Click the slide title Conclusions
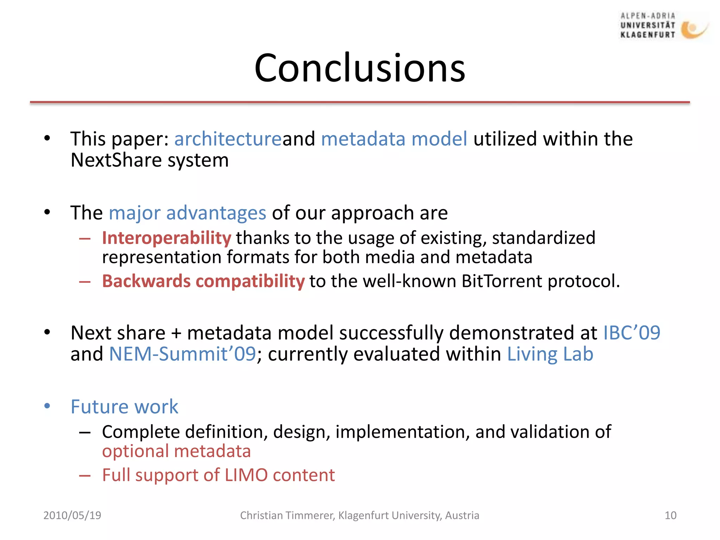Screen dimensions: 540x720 tap(360, 68)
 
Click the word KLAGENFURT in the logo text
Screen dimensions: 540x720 tap(648, 35)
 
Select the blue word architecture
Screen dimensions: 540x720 tap(228, 139)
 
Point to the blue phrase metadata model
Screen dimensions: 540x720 tap(394, 139)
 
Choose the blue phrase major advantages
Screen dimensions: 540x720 tap(187, 213)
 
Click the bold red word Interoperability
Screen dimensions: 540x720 tap(166, 238)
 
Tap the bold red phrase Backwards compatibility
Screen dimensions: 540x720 tap(203, 281)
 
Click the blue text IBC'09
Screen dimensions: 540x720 tap(631, 333)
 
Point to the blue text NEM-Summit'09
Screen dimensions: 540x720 tap(182, 354)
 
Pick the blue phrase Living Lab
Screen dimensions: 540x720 tap(550, 354)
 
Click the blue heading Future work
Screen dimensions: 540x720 tap(124, 407)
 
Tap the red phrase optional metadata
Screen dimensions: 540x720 tap(176, 451)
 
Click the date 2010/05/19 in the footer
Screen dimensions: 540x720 tap(72, 515)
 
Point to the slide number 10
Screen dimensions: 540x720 tap(670, 515)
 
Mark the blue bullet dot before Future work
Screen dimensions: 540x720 tap(47, 406)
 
